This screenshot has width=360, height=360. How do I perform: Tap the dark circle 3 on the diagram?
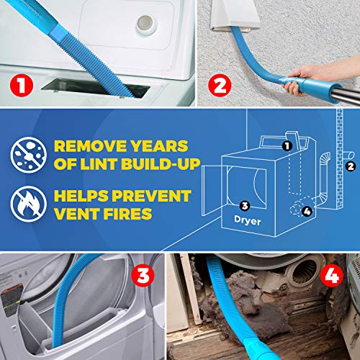pos(246,204)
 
